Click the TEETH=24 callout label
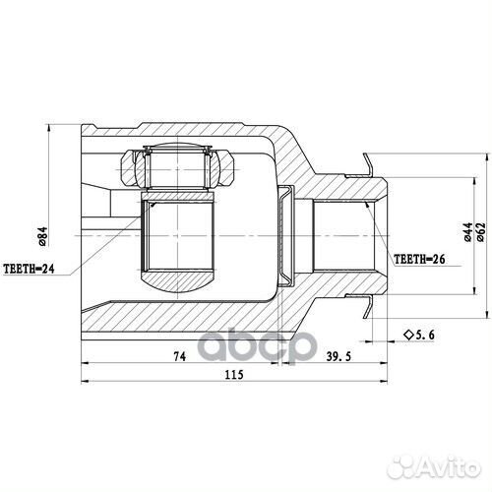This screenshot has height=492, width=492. (29, 269)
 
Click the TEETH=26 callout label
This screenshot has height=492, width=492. (419, 259)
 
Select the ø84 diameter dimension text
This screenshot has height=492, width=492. (43, 237)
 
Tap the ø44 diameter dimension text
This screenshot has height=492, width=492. (468, 232)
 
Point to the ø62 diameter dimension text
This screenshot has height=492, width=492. (480, 232)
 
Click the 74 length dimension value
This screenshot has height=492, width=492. (180, 356)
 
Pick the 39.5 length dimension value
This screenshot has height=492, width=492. (338, 356)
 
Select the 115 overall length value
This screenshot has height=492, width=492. (234, 374)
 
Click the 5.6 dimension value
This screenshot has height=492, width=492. (425, 335)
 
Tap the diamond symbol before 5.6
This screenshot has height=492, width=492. (408, 335)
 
